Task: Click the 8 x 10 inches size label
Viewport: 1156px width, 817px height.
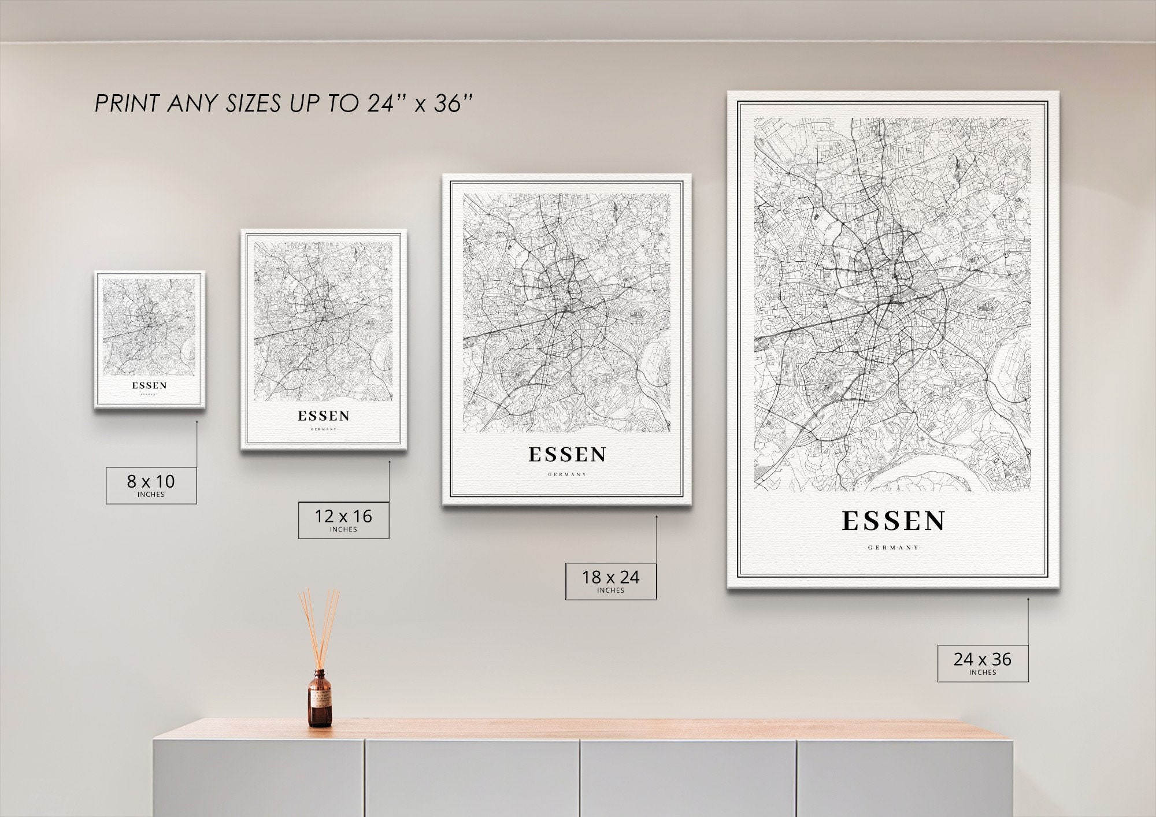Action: (151, 485)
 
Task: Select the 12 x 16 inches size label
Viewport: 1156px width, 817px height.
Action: (343, 520)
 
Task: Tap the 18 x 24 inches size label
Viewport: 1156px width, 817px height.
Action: (610, 581)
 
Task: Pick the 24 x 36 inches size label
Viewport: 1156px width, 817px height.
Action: (983, 663)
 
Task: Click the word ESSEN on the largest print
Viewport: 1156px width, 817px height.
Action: (893, 521)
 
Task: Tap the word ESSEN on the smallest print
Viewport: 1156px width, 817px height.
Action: (149, 385)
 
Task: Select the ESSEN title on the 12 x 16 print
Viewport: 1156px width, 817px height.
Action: (324, 416)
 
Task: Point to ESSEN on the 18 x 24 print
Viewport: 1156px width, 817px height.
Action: (567, 455)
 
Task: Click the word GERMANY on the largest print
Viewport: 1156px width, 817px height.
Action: (893, 547)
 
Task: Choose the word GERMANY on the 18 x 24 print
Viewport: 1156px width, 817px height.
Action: (567, 474)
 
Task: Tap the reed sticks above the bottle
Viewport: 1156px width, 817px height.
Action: (320, 627)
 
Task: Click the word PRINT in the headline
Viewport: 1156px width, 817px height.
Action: (127, 104)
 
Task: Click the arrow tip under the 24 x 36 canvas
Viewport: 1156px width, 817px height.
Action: (1028, 599)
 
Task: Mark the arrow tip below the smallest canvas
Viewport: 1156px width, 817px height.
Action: (197, 421)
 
